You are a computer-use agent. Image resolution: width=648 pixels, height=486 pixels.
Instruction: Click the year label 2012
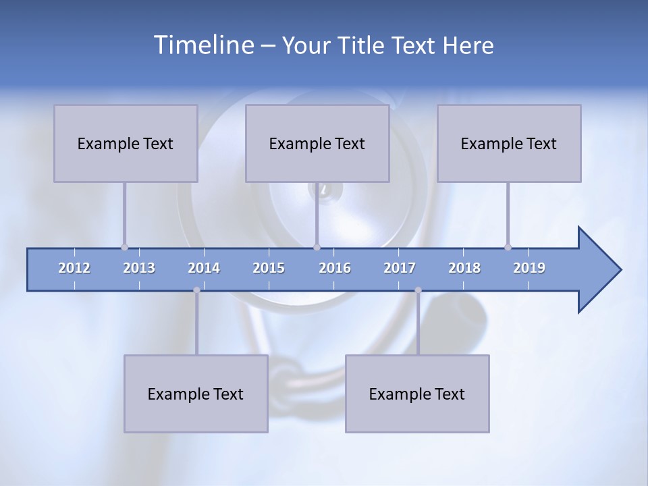(x=74, y=268)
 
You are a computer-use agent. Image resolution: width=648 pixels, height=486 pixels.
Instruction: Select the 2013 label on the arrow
(x=139, y=268)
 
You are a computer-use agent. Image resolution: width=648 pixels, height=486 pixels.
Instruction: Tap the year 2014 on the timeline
(x=204, y=268)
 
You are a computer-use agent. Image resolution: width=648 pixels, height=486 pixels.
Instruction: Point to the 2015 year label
(x=269, y=268)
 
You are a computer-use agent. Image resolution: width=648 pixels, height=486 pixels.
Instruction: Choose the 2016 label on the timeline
(x=335, y=268)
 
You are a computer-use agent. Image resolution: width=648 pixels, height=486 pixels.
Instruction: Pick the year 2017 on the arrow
(x=400, y=268)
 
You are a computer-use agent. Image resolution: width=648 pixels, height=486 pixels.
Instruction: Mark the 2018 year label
(x=464, y=268)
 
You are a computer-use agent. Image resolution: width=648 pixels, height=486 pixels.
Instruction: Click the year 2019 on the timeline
(x=529, y=268)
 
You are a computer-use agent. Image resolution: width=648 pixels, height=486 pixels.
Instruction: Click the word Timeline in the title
(x=203, y=45)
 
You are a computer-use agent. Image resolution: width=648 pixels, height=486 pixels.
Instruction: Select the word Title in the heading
(x=363, y=46)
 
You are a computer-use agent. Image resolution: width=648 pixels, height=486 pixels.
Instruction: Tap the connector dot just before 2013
(x=124, y=247)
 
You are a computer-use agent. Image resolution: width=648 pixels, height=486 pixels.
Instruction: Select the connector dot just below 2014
(x=196, y=290)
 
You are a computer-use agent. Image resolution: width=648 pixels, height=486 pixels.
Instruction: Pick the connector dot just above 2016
(x=317, y=247)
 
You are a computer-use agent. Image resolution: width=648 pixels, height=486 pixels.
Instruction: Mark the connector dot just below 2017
(x=418, y=290)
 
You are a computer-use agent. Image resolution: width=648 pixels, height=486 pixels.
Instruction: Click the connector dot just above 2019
(x=508, y=247)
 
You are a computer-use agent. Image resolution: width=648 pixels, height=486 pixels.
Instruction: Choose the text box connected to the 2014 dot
(x=196, y=394)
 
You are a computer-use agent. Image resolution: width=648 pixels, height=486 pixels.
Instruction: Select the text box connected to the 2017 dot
(x=417, y=394)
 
